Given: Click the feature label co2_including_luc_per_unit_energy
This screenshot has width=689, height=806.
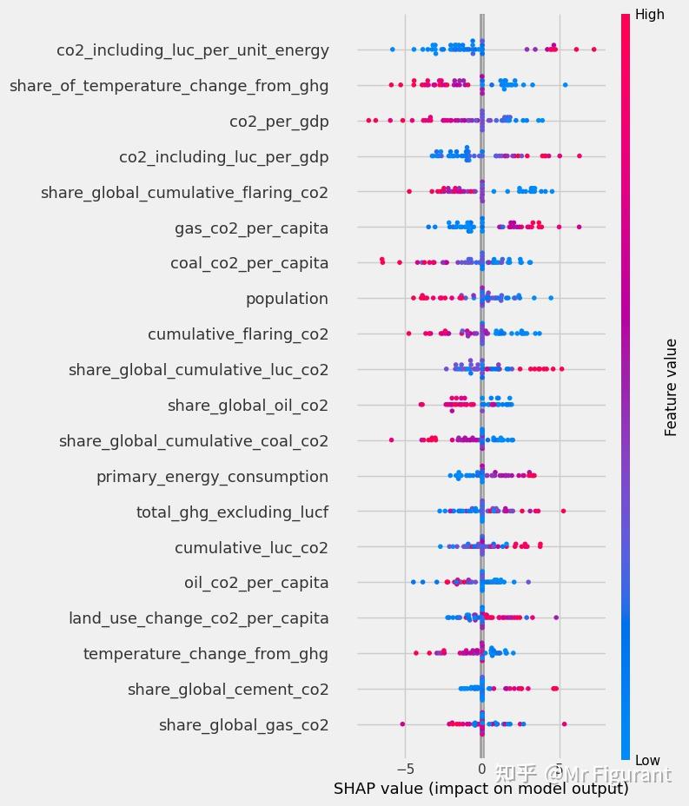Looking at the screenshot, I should (193, 50).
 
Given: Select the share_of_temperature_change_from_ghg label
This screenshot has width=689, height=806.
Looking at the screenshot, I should (169, 85).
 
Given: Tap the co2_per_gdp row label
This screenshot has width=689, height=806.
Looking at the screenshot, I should (279, 122).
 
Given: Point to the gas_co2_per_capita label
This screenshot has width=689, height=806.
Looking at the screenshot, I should (251, 228).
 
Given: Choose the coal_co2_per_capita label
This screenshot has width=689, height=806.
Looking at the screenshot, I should (249, 263).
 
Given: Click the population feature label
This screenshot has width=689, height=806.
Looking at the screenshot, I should (287, 299).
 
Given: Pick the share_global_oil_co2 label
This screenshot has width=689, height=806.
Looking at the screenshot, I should (248, 406).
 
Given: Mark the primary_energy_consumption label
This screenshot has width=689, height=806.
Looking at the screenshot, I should (212, 477).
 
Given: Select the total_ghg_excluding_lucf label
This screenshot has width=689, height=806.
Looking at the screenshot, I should (232, 512).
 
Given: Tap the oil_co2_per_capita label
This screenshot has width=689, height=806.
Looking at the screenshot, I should (256, 583).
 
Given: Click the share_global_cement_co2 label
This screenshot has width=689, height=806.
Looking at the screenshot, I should (228, 690).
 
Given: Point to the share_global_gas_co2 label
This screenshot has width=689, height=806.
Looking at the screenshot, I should (243, 725).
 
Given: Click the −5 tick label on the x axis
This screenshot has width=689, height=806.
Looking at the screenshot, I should (405, 768).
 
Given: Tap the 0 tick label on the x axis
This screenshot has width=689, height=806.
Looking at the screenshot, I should (482, 768).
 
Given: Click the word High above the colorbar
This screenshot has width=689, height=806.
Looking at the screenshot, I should (649, 15).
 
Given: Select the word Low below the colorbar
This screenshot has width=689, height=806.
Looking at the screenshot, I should (647, 761).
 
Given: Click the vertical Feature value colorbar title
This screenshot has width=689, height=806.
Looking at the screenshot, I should (671, 387).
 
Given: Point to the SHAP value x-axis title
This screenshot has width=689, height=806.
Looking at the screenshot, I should (480, 789).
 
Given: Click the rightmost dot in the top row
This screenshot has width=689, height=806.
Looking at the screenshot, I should (594, 50).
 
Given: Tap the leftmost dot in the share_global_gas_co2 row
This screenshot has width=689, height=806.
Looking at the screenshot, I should (402, 723).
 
